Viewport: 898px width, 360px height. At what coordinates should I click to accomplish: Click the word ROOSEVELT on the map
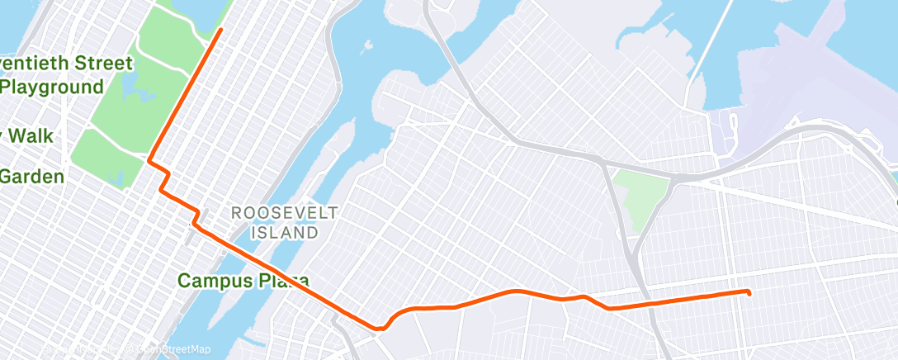(284, 213)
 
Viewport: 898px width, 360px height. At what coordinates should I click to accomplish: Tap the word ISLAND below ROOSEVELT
(284, 233)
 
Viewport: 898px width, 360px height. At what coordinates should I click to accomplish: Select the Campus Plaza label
(243, 281)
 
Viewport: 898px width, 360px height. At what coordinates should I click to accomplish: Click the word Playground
(51, 87)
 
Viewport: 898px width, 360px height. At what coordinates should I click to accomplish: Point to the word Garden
(31, 176)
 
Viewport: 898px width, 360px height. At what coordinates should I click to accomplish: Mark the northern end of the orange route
(220, 30)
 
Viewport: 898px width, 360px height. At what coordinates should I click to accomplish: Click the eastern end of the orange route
(749, 292)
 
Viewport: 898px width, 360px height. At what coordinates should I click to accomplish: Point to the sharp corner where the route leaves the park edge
(149, 160)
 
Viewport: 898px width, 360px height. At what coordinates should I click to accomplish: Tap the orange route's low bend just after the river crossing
(380, 328)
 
